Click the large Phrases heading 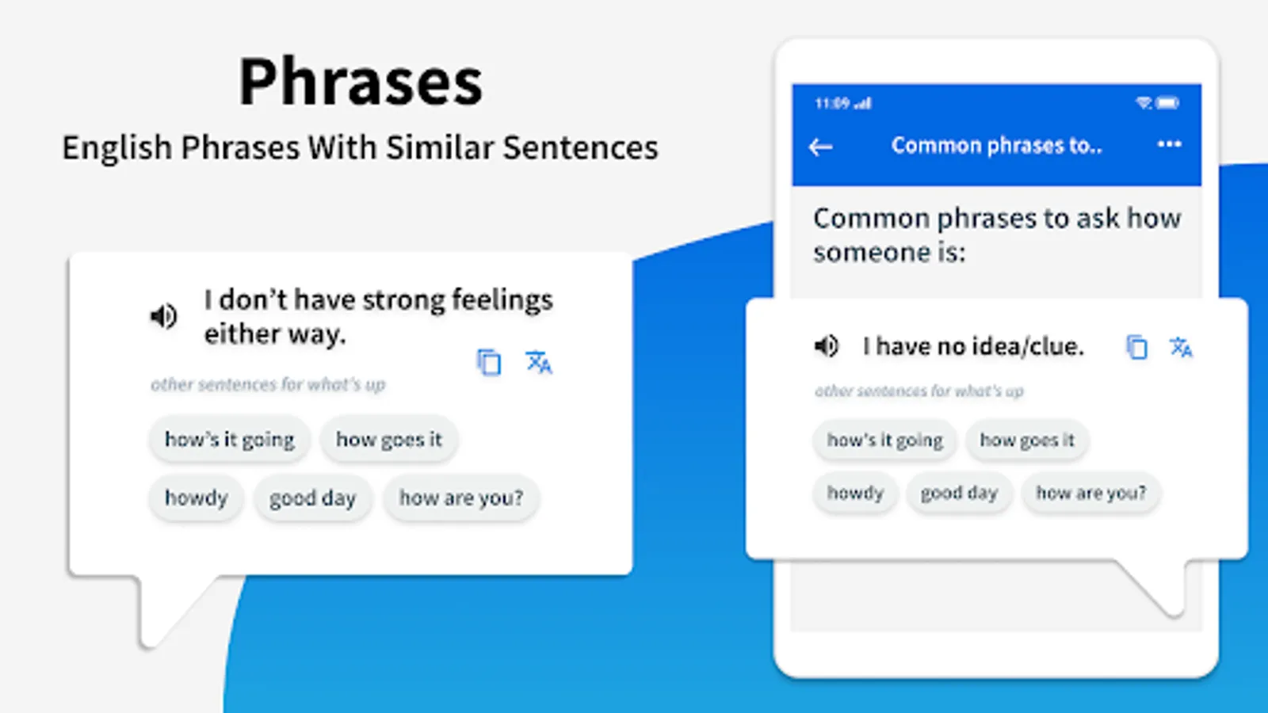click(361, 82)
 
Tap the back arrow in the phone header click(820, 147)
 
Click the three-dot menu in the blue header click(1169, 144)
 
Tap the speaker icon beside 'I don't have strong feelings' click(163, 316)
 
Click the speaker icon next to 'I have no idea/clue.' click(827, 345)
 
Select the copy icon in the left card click(489, 362)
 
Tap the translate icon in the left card click(538, 362)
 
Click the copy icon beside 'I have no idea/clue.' click(1136, 347)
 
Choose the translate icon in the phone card click(1181, 347)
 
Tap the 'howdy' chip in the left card click(196, 498)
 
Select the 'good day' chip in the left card click(312, 498)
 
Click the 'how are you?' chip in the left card click(460, 498)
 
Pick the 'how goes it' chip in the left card click(389, 440)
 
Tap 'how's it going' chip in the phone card click(884, 440)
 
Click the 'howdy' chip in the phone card click(855, 493)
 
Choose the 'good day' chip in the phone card click(959, 493)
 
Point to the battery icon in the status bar click(1167, 103)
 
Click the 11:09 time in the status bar click(833, 104)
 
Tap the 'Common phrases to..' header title click(997, 146)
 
